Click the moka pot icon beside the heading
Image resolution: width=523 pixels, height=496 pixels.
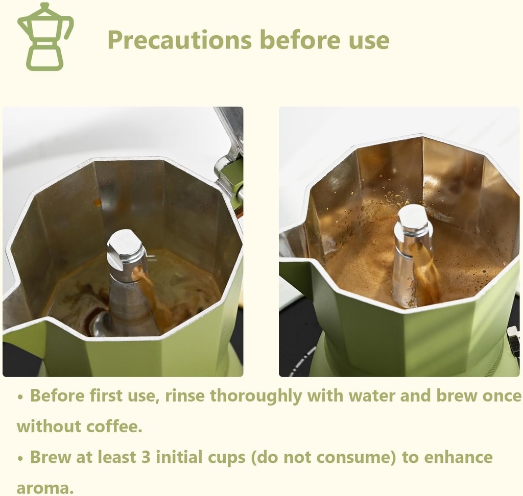tap(45, 37)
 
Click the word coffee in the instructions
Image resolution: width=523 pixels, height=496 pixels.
tap(113, 426)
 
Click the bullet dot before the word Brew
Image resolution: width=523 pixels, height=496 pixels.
tap(20, 458)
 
